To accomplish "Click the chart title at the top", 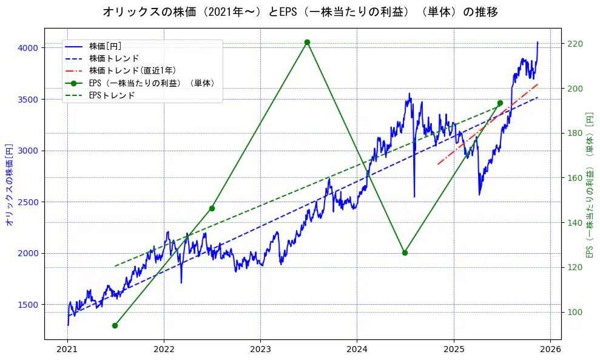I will click(x=300, y=12).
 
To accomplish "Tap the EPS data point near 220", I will click(x=307, y=42).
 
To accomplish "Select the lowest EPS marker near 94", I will click(x=115, y=325).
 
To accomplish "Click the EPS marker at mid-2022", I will click(x=212, y=208).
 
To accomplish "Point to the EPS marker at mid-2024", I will click(x=405, y=253).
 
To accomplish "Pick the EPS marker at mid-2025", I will click(x=500, y=103).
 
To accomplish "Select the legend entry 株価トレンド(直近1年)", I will click(x=132, y=70).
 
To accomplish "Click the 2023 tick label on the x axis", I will click(x=260, y=349).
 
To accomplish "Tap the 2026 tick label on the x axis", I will click(x=550, y=349).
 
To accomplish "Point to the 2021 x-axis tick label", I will click(x=67, y=349).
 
